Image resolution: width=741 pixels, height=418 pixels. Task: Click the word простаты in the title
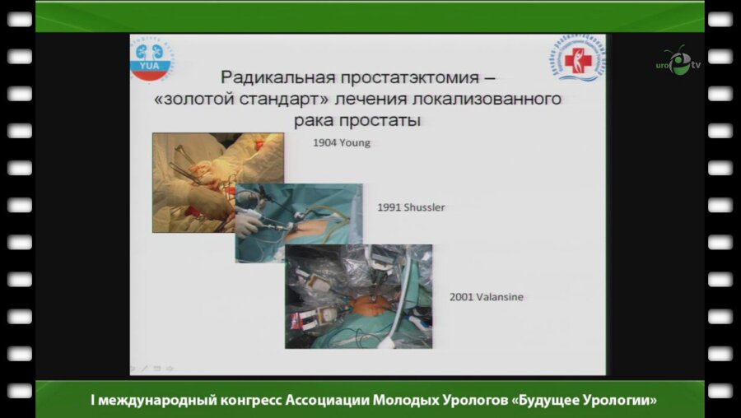tap(389, 120)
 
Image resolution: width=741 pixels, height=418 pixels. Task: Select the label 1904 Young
tap(341, 142)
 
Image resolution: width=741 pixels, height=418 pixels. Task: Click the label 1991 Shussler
tap(411, 207)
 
